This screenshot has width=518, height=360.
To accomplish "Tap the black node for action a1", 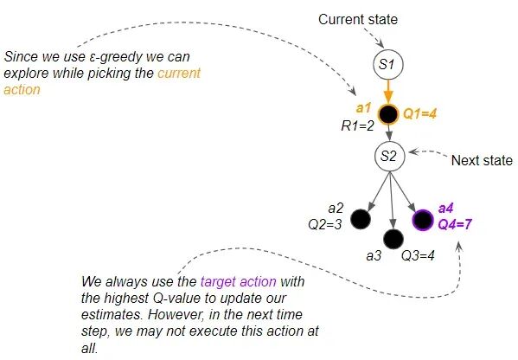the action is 388,114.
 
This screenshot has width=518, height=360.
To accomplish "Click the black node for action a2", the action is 361,219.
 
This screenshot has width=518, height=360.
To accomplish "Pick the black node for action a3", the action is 393,239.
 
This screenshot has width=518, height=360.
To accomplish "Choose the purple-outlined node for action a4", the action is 423,220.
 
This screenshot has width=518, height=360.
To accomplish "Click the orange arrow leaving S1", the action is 388,92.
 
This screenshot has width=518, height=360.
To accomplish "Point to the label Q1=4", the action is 420,114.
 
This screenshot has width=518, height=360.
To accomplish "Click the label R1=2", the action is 357,126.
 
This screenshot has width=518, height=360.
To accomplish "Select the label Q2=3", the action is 325,225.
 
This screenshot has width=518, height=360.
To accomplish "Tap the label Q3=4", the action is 418,255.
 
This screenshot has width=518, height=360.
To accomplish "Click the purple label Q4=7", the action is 455,224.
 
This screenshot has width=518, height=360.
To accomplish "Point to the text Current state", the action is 358,19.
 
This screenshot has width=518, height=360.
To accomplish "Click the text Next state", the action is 482,160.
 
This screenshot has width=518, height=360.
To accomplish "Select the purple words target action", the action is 239,281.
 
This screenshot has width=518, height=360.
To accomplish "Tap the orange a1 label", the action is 364,108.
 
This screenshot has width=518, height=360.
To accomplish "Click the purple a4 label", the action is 446,209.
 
